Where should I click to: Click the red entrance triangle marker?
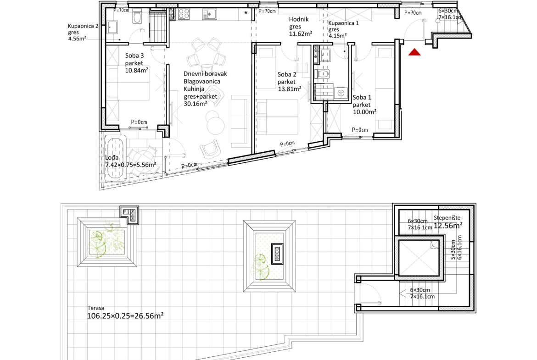(414, 52)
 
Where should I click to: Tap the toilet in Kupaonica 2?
(137, 17)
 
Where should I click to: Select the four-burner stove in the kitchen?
(184, 14)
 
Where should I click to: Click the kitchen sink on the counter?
(209, 14)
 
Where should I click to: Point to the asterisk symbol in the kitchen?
(246, 13)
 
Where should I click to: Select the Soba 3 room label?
(134, 55)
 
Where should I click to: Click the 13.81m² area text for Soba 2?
(290, 89)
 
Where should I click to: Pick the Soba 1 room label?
(362, 98)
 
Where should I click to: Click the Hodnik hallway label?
(299, 20)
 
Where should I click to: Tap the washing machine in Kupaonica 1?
(341, 93)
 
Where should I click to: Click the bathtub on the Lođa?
(115, 158)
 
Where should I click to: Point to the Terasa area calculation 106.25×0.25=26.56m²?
(125, 316)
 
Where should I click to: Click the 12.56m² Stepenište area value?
(448, 226)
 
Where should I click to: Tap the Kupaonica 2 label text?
(83, 26)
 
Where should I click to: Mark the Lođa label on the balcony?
(112, 158)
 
